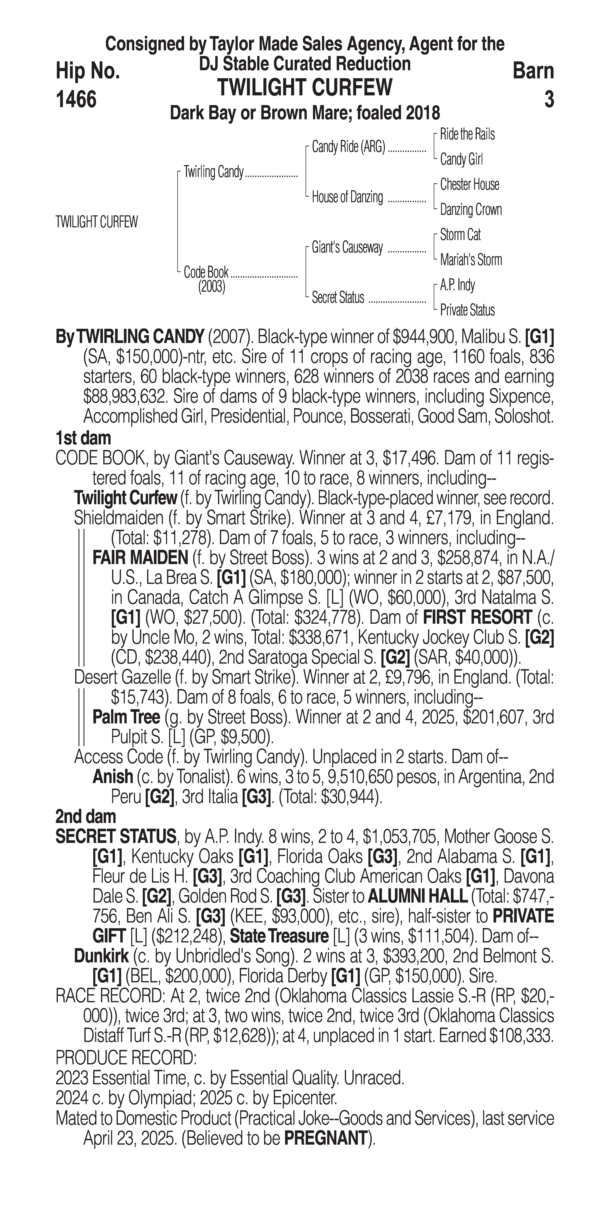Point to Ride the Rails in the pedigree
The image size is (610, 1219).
[x=467, y=134]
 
